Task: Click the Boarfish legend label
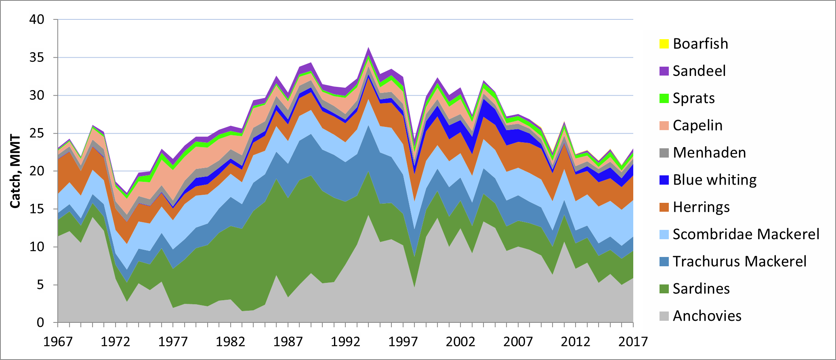pos(700,44)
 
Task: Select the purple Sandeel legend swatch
pos(664,71)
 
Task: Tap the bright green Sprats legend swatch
pos(664,98)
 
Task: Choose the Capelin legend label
pos(697,125)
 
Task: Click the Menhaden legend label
pos(709,153)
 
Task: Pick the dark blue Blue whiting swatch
pos(664,180)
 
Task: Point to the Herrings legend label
pos(701,207)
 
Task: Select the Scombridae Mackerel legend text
pos(746,234)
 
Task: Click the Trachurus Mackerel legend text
pos(739,261)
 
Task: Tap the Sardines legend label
pos(701,288)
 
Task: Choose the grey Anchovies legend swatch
pos(664,316)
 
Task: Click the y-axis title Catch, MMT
pos(15,171)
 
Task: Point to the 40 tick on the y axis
pos(37,19)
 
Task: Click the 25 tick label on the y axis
pos(37,133)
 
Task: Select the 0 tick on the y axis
pos(40,322)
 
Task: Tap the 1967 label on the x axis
pos(58,342)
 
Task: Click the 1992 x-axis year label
pos(345,342)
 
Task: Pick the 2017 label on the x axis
pos(633,342)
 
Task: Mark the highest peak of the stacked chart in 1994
pos(368,47)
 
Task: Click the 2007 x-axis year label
pos(518,342)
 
